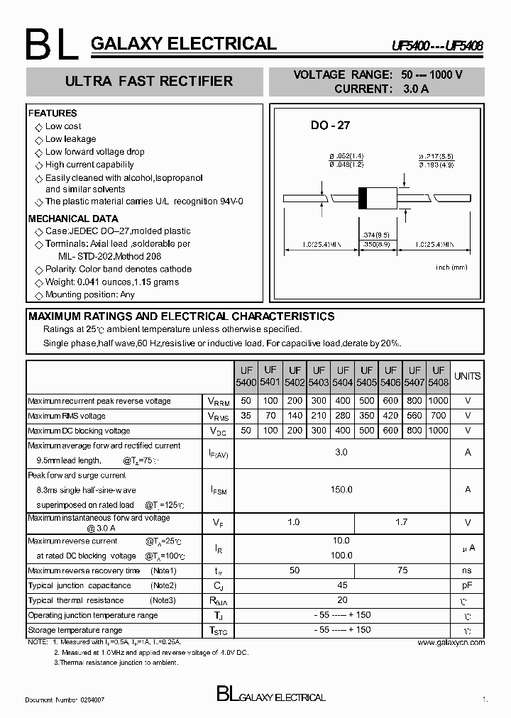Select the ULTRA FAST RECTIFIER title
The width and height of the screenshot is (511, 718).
149,82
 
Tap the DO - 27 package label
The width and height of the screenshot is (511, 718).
330,126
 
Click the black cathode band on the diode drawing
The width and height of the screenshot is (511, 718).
363,197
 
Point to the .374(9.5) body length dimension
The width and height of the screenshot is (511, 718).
375,234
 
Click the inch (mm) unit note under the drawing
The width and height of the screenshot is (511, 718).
451,267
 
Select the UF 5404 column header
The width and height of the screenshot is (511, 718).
343,376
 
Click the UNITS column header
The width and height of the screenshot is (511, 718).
467,376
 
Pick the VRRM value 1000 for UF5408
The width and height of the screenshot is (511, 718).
439,401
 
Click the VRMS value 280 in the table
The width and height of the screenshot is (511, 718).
343,416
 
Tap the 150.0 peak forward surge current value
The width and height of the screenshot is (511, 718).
341,489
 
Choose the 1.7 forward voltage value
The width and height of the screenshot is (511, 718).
402,522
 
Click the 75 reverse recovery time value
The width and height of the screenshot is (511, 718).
402,570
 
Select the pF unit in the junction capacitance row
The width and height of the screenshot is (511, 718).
467,585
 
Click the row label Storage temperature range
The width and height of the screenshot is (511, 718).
75,630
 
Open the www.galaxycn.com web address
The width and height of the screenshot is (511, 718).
451,642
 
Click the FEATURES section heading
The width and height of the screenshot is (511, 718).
53,114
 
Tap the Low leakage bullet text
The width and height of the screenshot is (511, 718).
70,139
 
